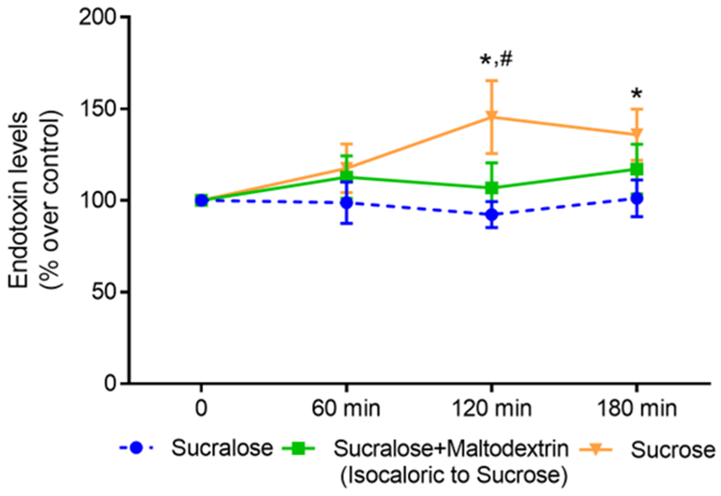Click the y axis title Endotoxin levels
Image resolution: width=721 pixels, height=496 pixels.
[19, 201]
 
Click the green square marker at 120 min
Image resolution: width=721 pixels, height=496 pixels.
[491, 188]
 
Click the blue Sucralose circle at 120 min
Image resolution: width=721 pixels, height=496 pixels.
[491, 214]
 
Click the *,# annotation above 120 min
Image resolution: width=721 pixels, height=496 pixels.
[496, 60]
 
